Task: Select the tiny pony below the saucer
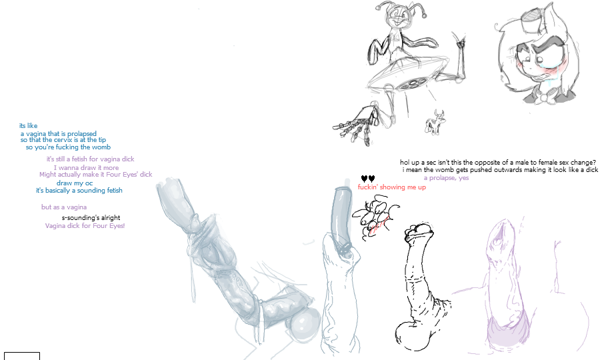[435, 122]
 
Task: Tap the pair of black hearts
[368, 178]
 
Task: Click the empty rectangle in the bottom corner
[22, 356]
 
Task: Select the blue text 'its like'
[28, 125]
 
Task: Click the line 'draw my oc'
[75, 183]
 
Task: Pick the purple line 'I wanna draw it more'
[86, 167]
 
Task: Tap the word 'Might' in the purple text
[47, 175]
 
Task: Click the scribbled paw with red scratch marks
[375, 217]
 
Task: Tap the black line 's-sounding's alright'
[91, 218]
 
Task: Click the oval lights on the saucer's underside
[409, 83]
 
